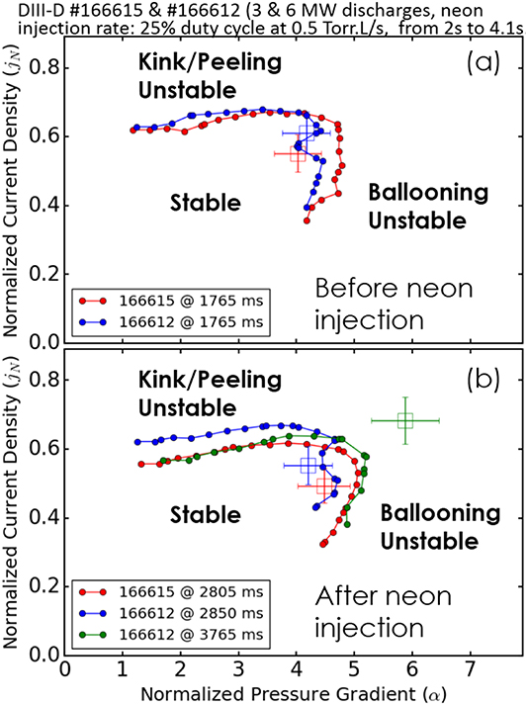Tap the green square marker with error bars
(404, 420)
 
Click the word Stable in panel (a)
(205, 203)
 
